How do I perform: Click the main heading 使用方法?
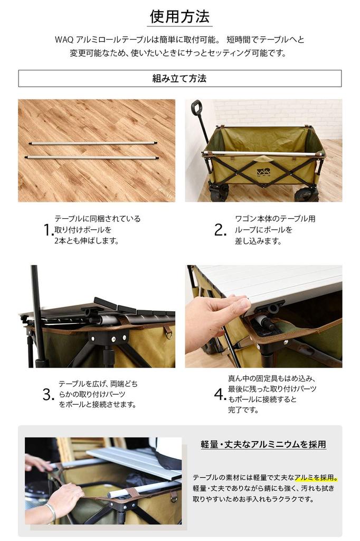click(179, 17)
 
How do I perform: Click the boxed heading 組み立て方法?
click(179, 79)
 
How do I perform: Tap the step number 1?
click(48, 230)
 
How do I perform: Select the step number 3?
click(49, 394)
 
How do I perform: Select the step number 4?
click(220, 394)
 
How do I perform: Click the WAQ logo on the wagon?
click(263, 172)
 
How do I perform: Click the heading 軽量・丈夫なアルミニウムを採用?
click(263, 444)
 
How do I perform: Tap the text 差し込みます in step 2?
click(258, 241)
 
